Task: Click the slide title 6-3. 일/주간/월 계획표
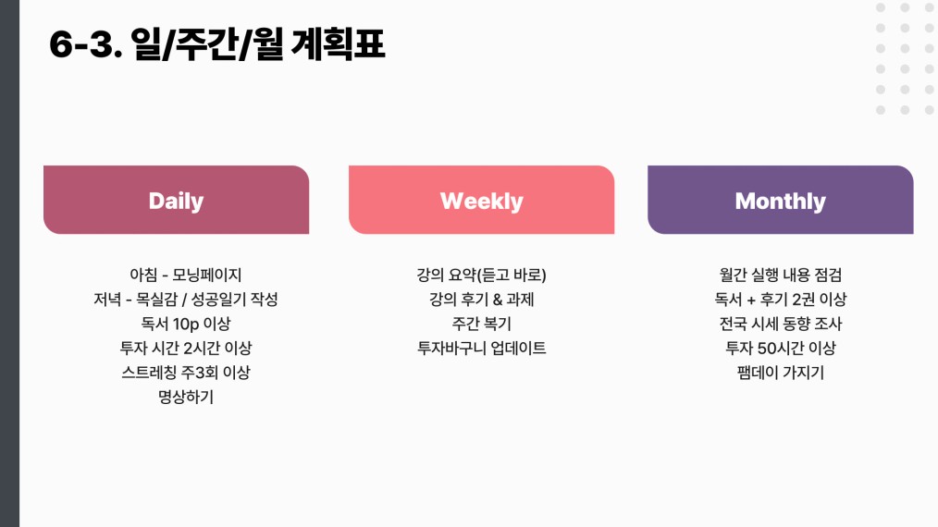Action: [x=216, y=44]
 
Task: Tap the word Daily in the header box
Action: [x=176, y=201]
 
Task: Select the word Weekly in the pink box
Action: [x=482, y=201]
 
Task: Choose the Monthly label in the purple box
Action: [x=780, y=201]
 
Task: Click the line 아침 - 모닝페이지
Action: [x=185, y=275]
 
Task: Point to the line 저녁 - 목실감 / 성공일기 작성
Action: [x=185, y=299]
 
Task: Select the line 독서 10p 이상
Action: [x=185, y=324]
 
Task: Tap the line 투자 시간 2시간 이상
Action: [x=185, y=349]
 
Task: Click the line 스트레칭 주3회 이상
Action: [x=185, y=373]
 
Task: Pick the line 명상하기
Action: [x=185, y=398]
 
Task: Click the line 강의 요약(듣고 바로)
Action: [x=482, y=275]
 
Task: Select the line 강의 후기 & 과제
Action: [x=482, y=299]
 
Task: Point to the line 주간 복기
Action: [x=482, y=324]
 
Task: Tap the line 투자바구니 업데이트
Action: [x=482, y=349]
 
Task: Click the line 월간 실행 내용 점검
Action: [x=780, y=275]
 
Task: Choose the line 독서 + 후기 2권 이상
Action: [x=780, y=299]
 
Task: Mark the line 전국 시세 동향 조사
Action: [x=780, y=324]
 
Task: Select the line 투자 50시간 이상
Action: [x=780, y=349]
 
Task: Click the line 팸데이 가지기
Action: [x=780, y=373]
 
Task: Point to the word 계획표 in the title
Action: [x=338, y=44]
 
